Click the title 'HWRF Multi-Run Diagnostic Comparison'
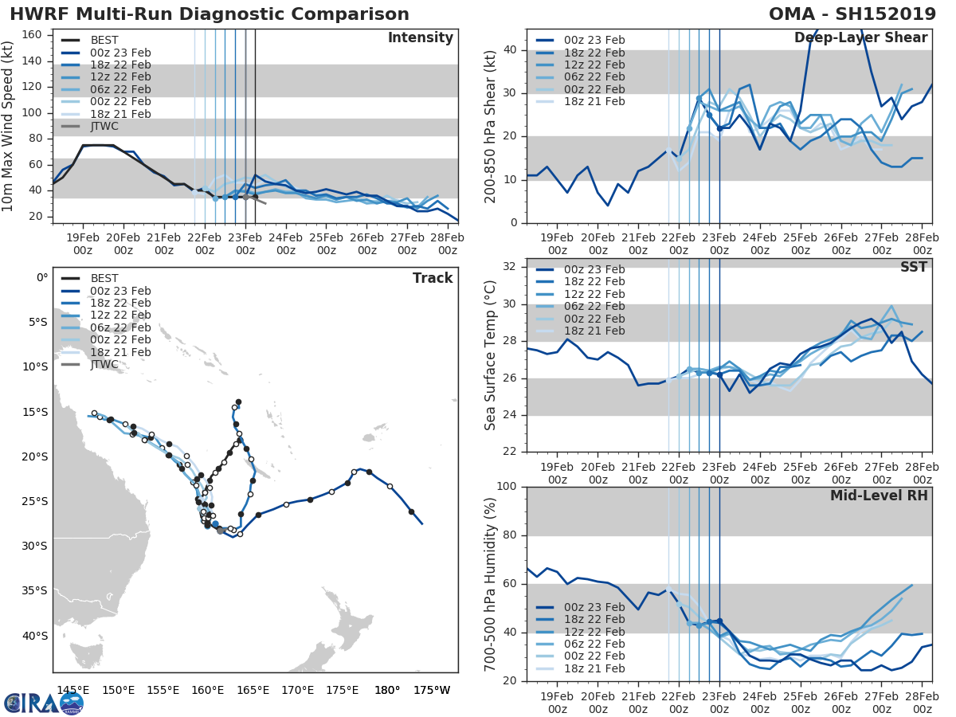(210, 14)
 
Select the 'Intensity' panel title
(420, 38)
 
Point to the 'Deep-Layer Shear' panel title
(860, 38)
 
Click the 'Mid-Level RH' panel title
(879, 496)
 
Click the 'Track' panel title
(433, 278)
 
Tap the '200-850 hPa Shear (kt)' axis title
(490, 126)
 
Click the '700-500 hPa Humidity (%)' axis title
(490, 583)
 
